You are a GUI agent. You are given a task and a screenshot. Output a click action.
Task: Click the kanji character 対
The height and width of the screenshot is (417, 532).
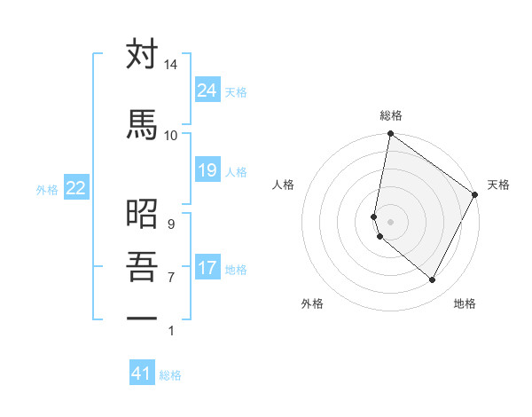pos(142,55)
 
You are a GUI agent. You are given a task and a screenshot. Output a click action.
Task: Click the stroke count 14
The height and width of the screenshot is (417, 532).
pos(171,66)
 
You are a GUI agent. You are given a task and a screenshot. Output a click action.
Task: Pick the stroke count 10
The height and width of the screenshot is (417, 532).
pos(171,135)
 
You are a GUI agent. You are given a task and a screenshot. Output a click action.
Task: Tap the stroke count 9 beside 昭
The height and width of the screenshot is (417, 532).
pos(170,224)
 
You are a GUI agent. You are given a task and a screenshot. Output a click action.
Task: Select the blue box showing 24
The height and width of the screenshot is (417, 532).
pos(207,90)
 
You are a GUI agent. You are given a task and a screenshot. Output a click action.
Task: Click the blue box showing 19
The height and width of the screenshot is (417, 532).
pos(207,169)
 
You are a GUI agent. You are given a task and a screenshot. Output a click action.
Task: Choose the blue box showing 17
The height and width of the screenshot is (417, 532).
pos(207,267)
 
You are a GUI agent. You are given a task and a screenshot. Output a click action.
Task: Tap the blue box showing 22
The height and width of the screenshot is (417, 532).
pos(75,187)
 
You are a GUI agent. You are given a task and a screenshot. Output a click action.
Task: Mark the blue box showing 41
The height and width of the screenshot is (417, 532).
pos(142,374)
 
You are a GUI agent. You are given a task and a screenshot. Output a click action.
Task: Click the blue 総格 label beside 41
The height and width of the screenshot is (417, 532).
pos(171,375)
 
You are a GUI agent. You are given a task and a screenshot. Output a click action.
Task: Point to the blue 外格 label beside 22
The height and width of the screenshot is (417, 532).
pos(47,189)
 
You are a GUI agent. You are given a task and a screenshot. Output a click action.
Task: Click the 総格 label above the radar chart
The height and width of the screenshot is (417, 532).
pos(391,115)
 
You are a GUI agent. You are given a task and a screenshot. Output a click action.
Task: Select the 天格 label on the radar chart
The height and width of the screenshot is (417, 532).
pos(499,185)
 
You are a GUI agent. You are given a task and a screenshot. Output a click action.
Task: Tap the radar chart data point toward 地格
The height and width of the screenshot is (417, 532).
pos(433,279)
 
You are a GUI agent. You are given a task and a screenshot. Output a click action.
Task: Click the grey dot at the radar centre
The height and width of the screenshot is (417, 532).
pos(391,220)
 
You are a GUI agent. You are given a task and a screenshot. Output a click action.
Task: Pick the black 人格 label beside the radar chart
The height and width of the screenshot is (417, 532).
pos(284,185)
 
